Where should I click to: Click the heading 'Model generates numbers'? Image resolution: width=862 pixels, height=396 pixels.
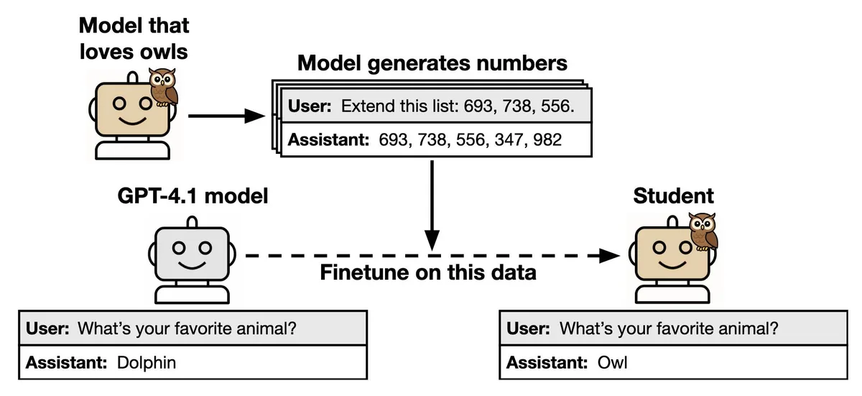coord(432,63)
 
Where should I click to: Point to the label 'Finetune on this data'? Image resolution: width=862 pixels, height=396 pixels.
coord(428,274)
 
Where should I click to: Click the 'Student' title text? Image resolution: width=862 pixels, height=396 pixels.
coord(673,195)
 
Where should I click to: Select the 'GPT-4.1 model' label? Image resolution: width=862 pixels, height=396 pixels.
coord(193,195)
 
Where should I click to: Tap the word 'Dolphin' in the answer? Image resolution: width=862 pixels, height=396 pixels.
coord(146,363)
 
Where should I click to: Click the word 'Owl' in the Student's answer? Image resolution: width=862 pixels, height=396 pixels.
coord(612,363)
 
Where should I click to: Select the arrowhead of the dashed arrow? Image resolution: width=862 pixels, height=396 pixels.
coord(611,255)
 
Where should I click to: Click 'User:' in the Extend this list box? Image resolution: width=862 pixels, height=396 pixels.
coord(310,106)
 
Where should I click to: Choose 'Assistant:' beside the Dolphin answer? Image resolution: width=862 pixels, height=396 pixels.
coord(67,363)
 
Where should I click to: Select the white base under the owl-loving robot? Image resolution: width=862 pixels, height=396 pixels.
coord(132,149)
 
